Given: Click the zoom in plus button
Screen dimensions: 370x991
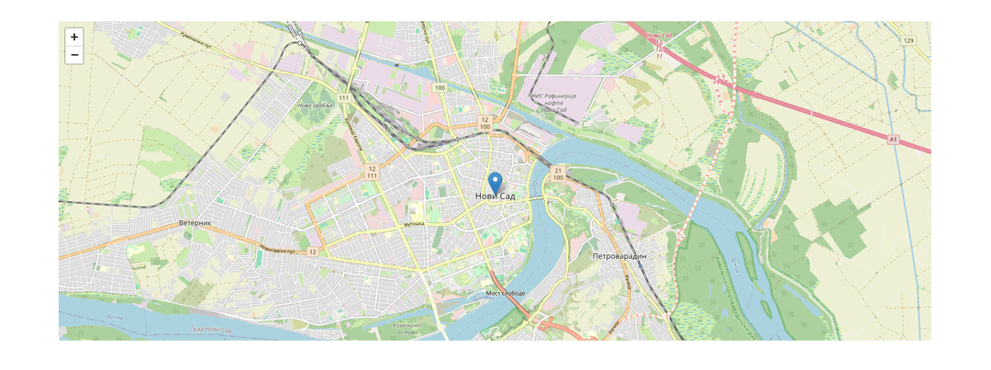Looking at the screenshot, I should [74, 37].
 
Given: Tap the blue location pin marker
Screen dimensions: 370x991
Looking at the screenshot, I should [495, 182].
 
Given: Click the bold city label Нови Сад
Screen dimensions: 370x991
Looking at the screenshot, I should [495, 196].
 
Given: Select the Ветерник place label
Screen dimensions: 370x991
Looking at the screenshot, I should [195, 223].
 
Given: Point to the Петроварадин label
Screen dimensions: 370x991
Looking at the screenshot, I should [619, 255].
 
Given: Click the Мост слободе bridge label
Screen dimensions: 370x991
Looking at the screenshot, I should [505, 294].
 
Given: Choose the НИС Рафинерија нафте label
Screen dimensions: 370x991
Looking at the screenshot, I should [553, 103].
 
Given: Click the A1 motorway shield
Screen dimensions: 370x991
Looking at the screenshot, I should [893, 139].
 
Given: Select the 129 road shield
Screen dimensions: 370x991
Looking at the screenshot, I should [908, 41].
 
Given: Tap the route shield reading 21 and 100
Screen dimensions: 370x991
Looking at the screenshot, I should [558, 173].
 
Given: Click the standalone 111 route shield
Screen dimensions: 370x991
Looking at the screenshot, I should [344, 97].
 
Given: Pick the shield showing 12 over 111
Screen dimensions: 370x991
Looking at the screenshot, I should [372, 173].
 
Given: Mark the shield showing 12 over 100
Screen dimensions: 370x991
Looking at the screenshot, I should [484, 124].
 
